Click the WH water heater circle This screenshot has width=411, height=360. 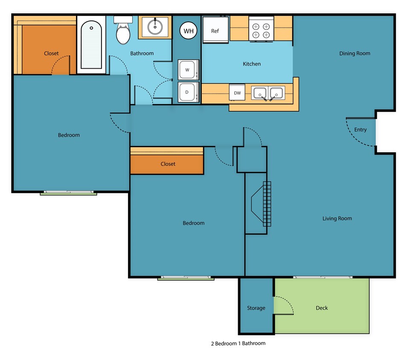[x=188, y=31]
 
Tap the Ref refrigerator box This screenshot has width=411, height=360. [x=216, y=30]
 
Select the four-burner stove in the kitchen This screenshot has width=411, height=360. [x=261, y=29]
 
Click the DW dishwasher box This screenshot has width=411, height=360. [x=237, y=93]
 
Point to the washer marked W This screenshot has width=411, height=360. [x=188, y=70]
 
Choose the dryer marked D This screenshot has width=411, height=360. [x=188, y=92]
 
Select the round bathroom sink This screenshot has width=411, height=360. [x=155, y=26]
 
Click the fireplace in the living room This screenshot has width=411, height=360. [x=260, y=204]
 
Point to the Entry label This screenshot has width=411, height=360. [x=360, y=130]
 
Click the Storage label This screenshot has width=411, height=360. [x=256, y=308]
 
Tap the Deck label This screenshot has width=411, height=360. [x=322, y=308]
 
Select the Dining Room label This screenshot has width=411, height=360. [x=355, y=53]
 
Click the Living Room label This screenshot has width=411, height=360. [x=337, y=218]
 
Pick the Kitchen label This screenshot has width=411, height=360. [x=252, y=64]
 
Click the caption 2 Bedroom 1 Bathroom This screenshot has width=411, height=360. [x=238, y=343]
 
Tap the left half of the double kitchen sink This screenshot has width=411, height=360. [x=259, y=93]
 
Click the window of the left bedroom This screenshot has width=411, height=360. [x=68, y=193]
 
